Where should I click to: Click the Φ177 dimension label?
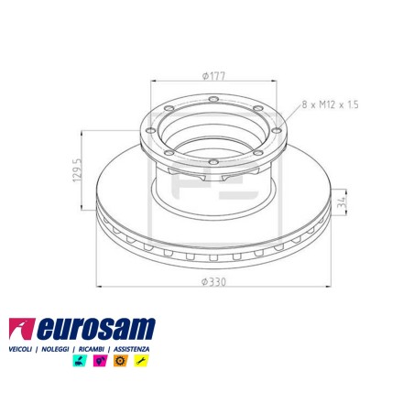pos(213,75)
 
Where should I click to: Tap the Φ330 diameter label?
pos(213,281)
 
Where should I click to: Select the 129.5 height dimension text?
pos(77,170)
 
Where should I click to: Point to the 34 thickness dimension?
pos(342,202)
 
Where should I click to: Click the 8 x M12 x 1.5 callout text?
pos(330,104)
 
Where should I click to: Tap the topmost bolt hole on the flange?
pos(213,99)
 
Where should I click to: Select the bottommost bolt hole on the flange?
pos(213,161)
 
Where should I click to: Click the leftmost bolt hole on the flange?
pos(150,130)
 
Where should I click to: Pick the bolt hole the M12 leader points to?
pos(277,130)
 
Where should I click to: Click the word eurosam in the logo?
pos(96,329)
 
